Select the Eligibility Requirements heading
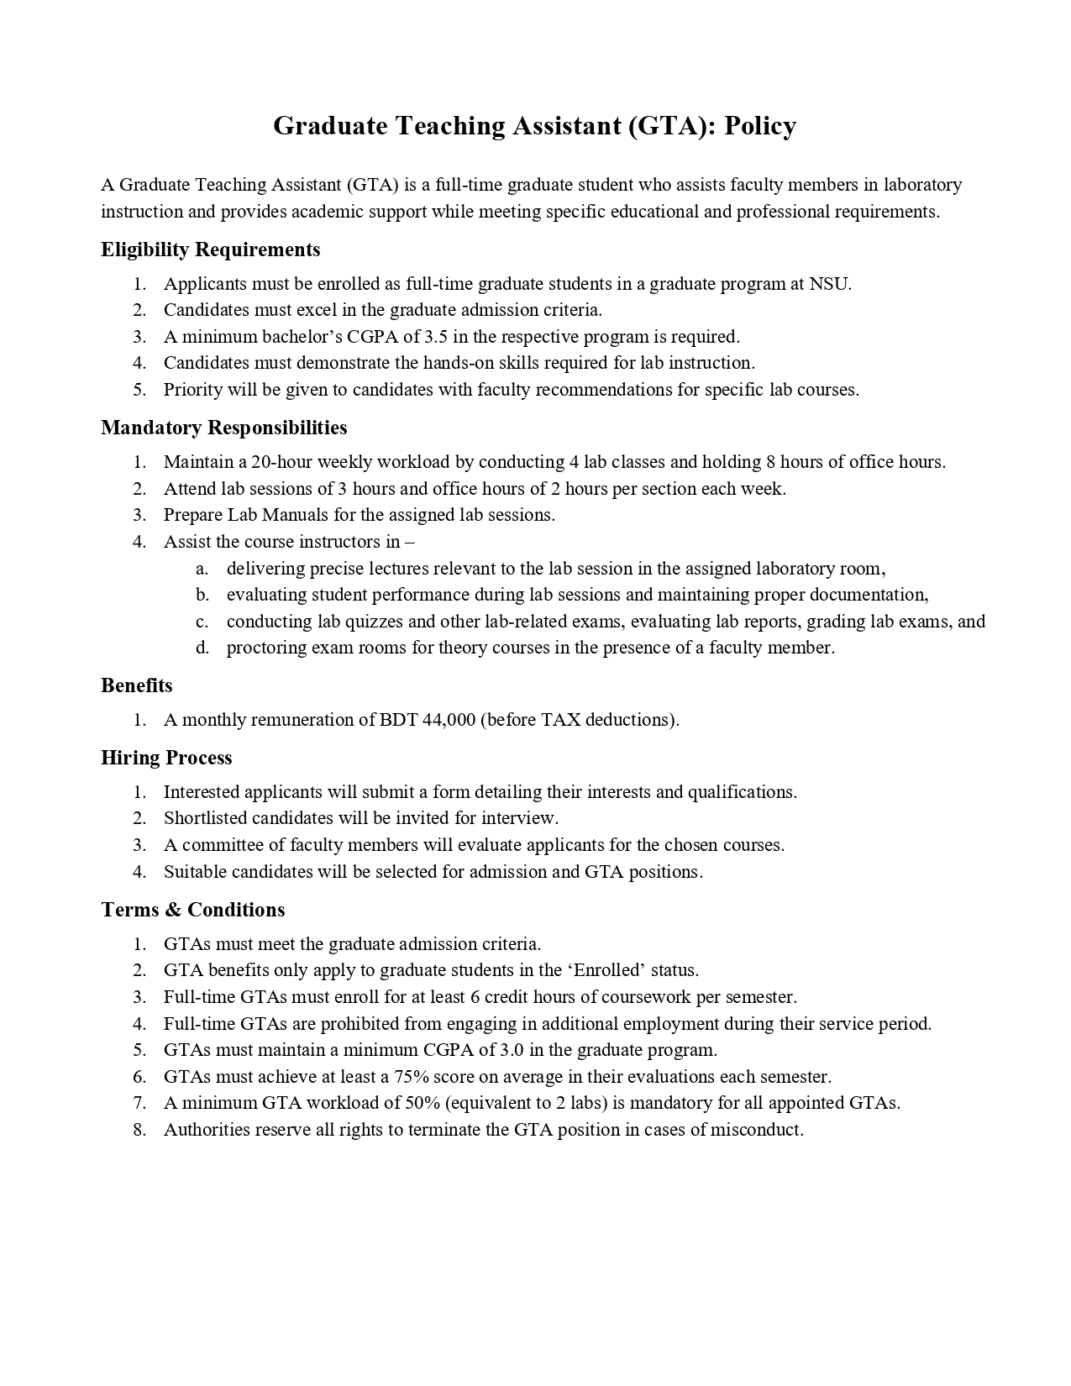210,249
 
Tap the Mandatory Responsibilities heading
223,428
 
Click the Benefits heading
136,685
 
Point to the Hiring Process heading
166,758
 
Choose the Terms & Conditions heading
192,910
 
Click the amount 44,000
449,720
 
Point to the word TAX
560,720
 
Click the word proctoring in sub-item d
266,648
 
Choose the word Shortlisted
206,818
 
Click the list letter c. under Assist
202,622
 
